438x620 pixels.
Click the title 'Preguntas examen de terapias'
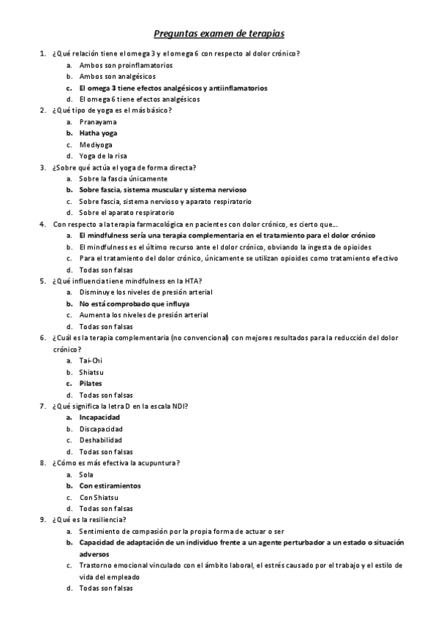pos(219,34)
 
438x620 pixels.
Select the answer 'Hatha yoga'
pos(98,133)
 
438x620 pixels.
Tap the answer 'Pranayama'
pos(97,122)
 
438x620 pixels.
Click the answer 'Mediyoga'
pos(96,145)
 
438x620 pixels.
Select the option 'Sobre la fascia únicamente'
pos(123,178)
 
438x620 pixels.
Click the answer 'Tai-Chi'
pos(91,360)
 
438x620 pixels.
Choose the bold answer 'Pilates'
pos(91,383)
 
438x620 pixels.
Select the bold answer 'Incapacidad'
pos(99,417)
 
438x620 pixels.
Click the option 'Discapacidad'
pos(101,428)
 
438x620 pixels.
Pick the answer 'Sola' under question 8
pos(86,475)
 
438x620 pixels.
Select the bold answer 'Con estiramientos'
pos(110,485)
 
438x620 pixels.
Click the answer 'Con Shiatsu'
pos(99,497)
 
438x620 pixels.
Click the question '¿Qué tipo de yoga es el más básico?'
pos(112,110)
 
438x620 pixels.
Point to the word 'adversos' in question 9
pos(94,554)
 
